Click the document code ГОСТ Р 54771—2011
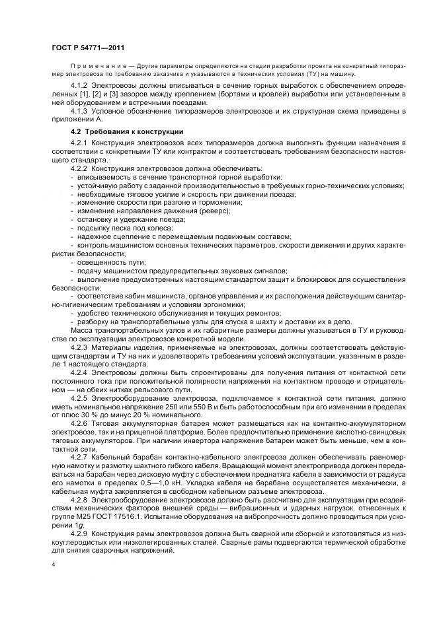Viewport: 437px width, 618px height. tap(87, 48)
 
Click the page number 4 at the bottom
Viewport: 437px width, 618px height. tap(53, 566)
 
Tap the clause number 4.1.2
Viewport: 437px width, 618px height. tap(79, 86)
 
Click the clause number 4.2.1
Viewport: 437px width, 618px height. tap(79, 143)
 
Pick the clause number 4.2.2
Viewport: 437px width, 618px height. tap(79, 169)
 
